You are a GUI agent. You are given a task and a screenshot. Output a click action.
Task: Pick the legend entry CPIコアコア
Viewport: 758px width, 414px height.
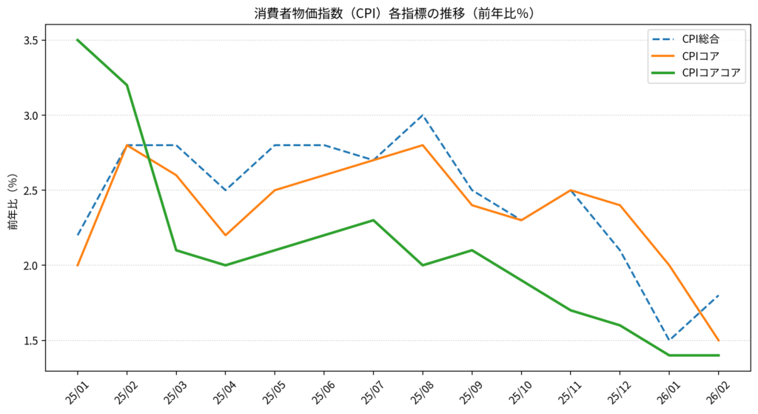pyautogui.click(x=711, y=73)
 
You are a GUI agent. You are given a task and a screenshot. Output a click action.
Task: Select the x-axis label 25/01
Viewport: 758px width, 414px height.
pyautogui.click(x=73, y=390)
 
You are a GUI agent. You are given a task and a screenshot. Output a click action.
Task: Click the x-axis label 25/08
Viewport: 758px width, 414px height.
pyautogui.click(x=418, y=390)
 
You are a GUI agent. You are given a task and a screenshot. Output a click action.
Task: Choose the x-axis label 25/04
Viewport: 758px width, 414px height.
pyautogui.click(x=221, y=390)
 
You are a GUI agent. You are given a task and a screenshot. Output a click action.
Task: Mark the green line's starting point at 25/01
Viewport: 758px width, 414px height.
pyautogui.click(x=78, y=40)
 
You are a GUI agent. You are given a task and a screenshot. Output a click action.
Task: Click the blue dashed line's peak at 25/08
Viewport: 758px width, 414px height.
pyautogui.click(x=423, y=116)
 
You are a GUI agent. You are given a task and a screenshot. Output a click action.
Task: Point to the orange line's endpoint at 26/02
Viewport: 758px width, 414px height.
pyautogui.click(x=719, y=341)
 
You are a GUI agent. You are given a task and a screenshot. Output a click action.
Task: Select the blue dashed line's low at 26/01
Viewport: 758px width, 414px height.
pyautogui.click(x=669, y=341)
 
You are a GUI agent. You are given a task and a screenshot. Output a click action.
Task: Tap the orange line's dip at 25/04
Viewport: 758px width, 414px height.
pyautogui.click(x=226, y=236)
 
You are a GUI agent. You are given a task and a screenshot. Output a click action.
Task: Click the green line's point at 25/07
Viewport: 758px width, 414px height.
pyautogui.click(x=373, y=220)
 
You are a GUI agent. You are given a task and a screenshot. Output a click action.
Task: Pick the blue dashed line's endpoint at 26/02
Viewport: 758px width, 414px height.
pyautogui.click(x=719, y=296)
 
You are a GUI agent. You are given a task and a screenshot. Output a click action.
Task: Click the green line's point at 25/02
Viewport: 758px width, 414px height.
pyautogui.click(x=127, y=85)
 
